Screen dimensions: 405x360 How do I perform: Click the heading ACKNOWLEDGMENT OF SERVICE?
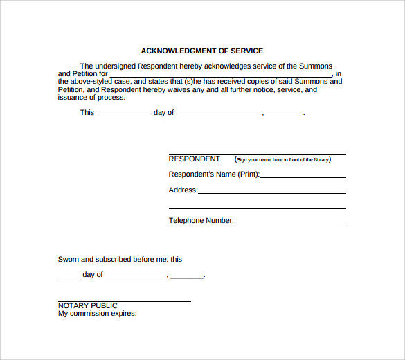201,51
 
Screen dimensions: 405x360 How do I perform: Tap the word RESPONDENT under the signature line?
195,159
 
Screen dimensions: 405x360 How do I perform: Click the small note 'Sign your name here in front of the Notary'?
282,159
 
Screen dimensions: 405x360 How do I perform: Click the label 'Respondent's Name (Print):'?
214,174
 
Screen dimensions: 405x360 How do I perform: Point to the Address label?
183,190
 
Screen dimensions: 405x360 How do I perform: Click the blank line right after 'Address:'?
271,193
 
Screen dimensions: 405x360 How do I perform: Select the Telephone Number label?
201,221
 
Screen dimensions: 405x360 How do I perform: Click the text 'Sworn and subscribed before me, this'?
120,259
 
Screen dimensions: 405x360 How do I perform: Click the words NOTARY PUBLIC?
88,305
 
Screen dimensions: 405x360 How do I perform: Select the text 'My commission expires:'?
98,313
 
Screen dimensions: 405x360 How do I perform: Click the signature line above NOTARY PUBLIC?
124,301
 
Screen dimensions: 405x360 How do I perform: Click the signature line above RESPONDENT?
257,154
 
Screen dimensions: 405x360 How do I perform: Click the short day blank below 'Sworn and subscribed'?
69,277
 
